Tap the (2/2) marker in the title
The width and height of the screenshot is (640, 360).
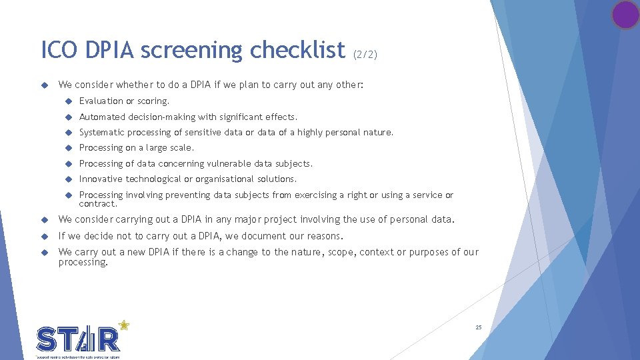point(365,54)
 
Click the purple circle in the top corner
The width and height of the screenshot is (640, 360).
point(625,15)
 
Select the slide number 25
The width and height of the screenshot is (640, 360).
point(478,327)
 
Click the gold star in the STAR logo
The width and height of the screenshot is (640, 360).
point(123,325)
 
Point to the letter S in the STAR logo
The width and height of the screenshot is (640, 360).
point(47,340)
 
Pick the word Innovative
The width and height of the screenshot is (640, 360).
point(101,179)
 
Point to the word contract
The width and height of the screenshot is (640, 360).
point(97,204)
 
